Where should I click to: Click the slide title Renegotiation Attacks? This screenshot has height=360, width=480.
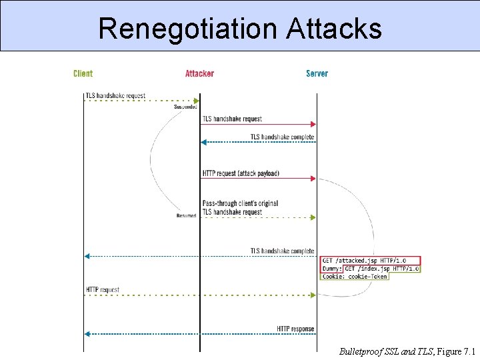click(240, 29)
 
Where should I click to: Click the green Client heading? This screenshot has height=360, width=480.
click(83, 73)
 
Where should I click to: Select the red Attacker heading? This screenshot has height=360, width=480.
click(199, 73)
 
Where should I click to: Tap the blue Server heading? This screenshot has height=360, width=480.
click(317, 73)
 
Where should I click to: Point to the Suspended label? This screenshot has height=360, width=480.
click(185, 107)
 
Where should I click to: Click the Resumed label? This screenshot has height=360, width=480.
click(186, 215)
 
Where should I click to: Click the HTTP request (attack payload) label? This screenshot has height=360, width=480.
click(241, 173)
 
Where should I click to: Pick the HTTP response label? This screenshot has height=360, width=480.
click(295, 329)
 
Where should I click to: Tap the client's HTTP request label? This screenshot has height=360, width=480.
click(103, 290)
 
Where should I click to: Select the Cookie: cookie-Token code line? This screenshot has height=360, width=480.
click(354, 276)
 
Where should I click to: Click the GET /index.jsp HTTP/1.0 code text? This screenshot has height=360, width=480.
click(381, 269)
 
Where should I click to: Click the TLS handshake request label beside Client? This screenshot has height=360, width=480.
click(115, 96)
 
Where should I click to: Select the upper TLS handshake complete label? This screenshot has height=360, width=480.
click(282, 137)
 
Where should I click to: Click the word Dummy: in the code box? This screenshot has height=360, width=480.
click(331, 269)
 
